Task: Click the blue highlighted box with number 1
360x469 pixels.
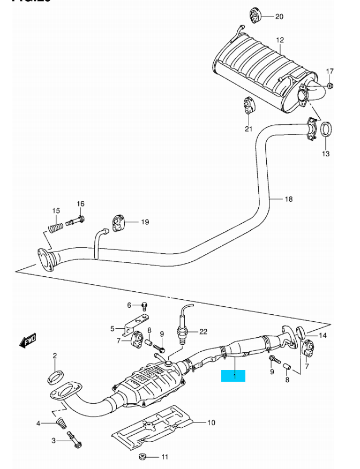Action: point(234,376)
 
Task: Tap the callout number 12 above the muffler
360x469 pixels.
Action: point(280,40)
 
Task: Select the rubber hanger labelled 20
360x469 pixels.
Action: point(256,16)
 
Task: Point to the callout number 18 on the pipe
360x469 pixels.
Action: point(289,199)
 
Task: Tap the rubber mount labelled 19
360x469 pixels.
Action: point(118,222)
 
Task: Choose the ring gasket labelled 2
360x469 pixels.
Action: point(55,375)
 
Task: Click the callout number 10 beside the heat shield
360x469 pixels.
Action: point(211,422)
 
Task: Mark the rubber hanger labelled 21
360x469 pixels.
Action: point(249,105)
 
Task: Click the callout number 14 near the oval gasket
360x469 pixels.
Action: point(322,336)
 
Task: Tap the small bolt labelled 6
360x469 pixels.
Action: point(144,306)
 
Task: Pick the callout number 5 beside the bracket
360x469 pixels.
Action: point(112,328)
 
